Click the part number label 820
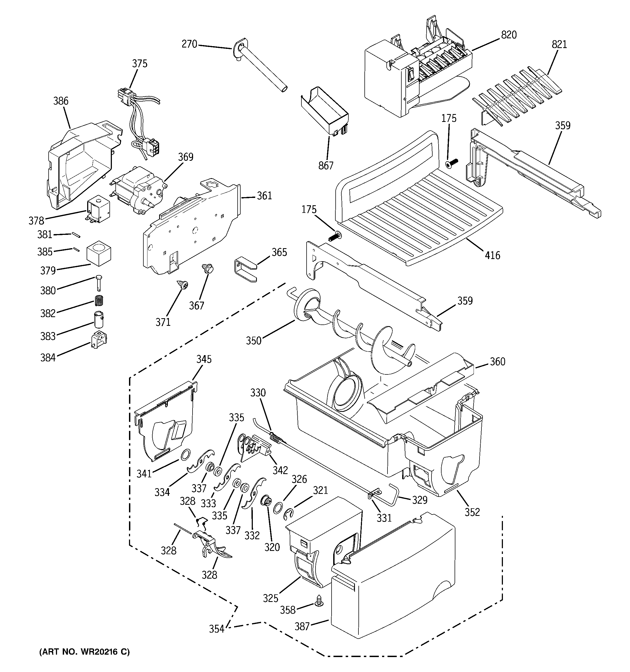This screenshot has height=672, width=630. tap(509, 35)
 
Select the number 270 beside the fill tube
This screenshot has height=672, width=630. tap(189, 44)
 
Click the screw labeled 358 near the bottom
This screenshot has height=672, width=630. tap(319, 600)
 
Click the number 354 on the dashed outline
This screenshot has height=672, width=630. tap(216, 629)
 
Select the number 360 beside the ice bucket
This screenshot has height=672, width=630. tap(497, 362)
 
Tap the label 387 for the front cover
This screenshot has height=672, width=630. tap(302, 626)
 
